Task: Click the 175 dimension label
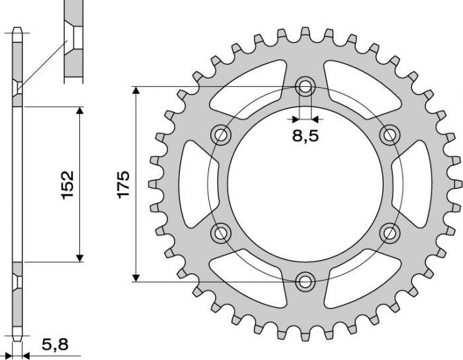click(x=124, y=183)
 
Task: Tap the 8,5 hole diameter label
click(x=305, y=138)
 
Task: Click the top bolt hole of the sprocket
click(x=305, y=85)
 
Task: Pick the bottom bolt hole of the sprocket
click(x=305, y=281)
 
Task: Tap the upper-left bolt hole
click(x=220, y=135)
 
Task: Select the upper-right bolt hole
click(x=390, y=135)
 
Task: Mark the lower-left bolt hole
click(x=220, y=232)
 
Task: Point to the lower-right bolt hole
click(x=390, y=232)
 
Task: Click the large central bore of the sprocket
click(x=305, y=183)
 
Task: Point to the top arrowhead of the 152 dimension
click(x=80, y=111)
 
